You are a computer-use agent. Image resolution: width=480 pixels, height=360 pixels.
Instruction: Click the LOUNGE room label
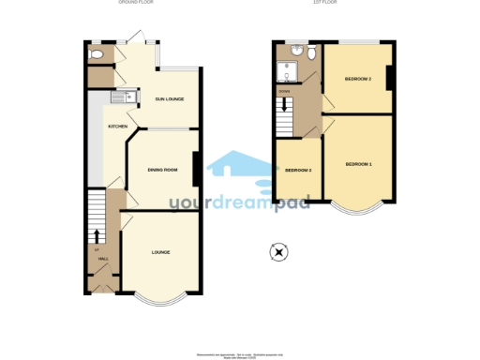(x=160, y=252)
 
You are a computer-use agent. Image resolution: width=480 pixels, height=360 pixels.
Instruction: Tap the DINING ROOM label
(x=163, y=170)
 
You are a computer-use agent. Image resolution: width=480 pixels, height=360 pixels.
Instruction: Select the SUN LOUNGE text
(x=169, y=98)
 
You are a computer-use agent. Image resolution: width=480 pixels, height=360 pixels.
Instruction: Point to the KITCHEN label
(x=117, y=127)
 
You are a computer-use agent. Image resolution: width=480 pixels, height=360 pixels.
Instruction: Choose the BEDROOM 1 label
(x=358, y=165)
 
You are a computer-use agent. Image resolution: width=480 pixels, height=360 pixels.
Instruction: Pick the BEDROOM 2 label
(x=358, y=80)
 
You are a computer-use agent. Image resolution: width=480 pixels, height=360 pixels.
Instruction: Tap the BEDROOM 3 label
(x=297, y=170)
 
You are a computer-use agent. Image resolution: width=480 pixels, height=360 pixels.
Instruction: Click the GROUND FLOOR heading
(x=136, y=3)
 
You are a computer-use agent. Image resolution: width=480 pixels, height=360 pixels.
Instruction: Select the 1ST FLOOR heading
(x=325, y=3)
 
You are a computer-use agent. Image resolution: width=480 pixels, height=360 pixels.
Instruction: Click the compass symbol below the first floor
(x=278, y=251)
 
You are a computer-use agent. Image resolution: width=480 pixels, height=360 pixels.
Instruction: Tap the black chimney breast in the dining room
(x=196, y=169)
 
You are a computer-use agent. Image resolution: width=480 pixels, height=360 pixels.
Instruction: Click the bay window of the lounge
(x=160, y=299)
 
